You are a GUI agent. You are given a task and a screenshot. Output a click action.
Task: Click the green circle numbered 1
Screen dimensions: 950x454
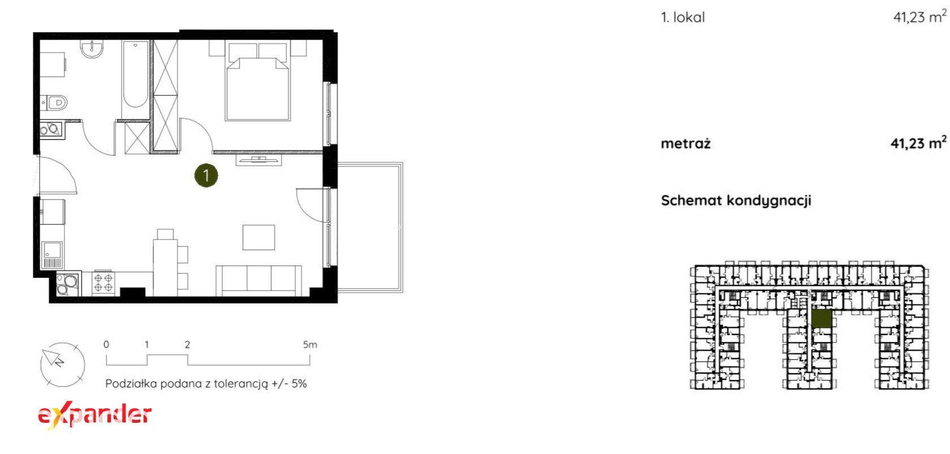point(206,175)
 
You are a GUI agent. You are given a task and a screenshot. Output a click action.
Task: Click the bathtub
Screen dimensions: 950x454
point(135,74)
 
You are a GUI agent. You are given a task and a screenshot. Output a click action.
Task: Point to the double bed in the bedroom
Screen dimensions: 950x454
point(258,81)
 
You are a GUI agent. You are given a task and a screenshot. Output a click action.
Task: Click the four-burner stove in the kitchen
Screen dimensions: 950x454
point(103,283)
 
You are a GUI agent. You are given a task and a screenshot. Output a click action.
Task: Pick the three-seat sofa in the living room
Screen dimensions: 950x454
point(259,280)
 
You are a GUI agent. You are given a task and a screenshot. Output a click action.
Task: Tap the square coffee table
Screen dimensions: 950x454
point(259,237)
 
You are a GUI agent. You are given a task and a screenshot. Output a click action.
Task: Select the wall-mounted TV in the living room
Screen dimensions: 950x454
point(259,160)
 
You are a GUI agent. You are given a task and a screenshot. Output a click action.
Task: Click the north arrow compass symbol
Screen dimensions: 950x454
point(62,365)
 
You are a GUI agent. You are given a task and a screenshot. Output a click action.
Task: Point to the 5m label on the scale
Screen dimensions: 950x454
point(310,344)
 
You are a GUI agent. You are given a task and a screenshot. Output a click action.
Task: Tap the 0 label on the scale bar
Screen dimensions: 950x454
point(106,344)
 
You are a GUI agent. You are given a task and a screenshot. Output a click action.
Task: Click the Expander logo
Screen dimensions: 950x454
point(94,416)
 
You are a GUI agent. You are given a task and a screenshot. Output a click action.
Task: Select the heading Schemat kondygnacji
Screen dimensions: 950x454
point(736,201)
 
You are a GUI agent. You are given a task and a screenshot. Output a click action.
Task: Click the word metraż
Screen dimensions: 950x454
point(685,144)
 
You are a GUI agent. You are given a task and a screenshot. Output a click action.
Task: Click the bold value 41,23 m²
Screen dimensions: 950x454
point(918,143)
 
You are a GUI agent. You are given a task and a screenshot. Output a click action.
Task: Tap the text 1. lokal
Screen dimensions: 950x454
point(683,18)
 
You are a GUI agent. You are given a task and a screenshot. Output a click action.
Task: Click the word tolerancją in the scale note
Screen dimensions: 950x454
point(241,384)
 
